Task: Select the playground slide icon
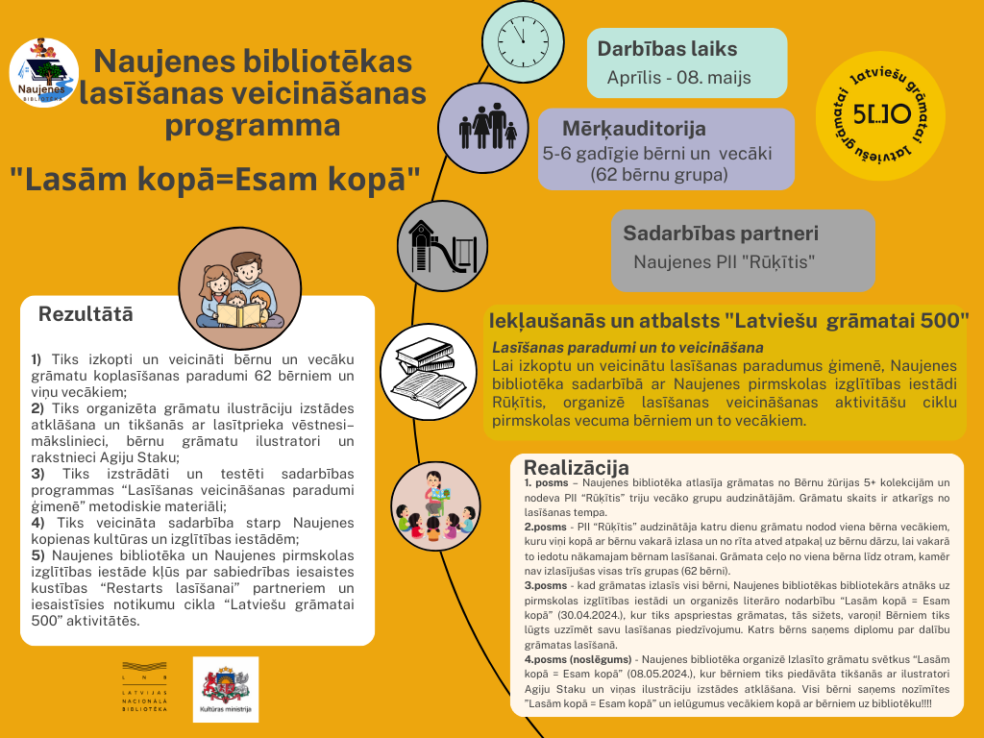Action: coord(439,245)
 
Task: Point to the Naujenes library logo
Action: coord(43,72)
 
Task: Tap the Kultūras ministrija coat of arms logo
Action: coord(226,688)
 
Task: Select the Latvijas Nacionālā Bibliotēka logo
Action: coord(144,688)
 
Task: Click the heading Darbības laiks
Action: coord(667,49)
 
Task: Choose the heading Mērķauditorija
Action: coord(634,128)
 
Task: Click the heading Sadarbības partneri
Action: coord(721,233)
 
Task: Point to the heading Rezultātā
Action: coord(86,314)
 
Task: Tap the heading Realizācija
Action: coord(577,467)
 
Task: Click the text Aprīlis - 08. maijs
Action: coord(678,78)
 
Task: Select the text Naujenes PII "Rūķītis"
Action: coord(724,261)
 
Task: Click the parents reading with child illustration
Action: coord(234,283)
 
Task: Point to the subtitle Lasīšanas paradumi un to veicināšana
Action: coord(627,347)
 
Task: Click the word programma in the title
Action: coord(253,126)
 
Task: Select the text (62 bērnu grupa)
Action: coord(658,174)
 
